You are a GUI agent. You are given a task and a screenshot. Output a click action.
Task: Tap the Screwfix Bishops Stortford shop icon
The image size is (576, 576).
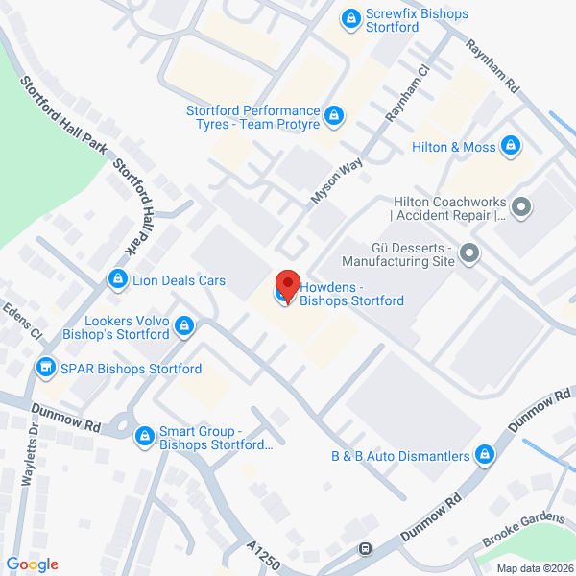(x=352, y=16)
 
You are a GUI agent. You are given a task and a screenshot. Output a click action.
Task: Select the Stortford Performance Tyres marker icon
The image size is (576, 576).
(x=333, y=116)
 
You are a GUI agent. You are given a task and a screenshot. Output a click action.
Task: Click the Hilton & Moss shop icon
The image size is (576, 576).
(x=511, y=147)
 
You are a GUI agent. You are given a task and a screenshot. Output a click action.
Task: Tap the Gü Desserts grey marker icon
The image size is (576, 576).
(x=468, y=253)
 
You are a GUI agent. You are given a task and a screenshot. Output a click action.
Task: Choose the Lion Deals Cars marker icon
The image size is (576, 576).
(x=117, y=279)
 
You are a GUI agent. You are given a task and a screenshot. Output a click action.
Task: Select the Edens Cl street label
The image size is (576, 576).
(x=23, y=323)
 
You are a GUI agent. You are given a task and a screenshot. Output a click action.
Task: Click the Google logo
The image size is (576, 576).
(x=33, y=564)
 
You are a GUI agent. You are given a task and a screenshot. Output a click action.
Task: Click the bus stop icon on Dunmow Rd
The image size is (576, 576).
(x=366, y=549)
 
